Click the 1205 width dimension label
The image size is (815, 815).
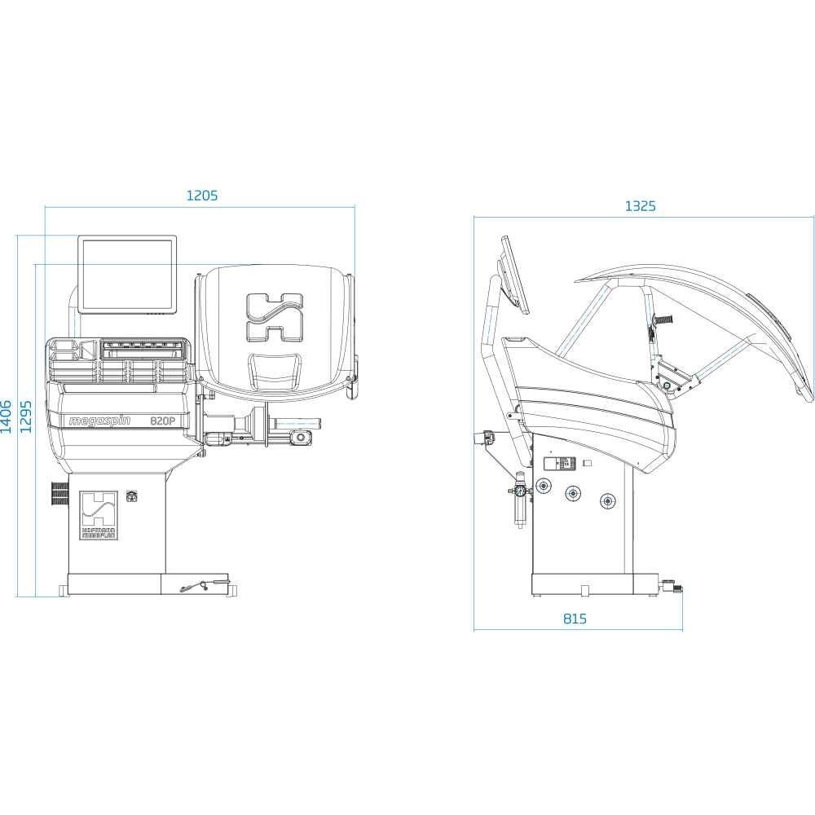tap(202, 196)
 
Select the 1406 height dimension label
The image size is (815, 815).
tap(7, 416)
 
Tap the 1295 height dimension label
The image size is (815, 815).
tap(26, 416)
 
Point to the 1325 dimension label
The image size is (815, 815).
tap(641, 206)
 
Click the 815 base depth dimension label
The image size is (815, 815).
tap(575, 619)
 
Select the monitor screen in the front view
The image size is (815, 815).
tap(127, 275)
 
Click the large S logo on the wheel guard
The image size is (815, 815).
tap(275, 318)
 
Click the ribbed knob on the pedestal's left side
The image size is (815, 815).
tap(58, 493)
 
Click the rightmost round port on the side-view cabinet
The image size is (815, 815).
tap(606, 500)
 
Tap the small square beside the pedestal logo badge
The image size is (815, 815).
tap(131, 495)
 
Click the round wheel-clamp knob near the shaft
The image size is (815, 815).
tap(302, 438)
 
